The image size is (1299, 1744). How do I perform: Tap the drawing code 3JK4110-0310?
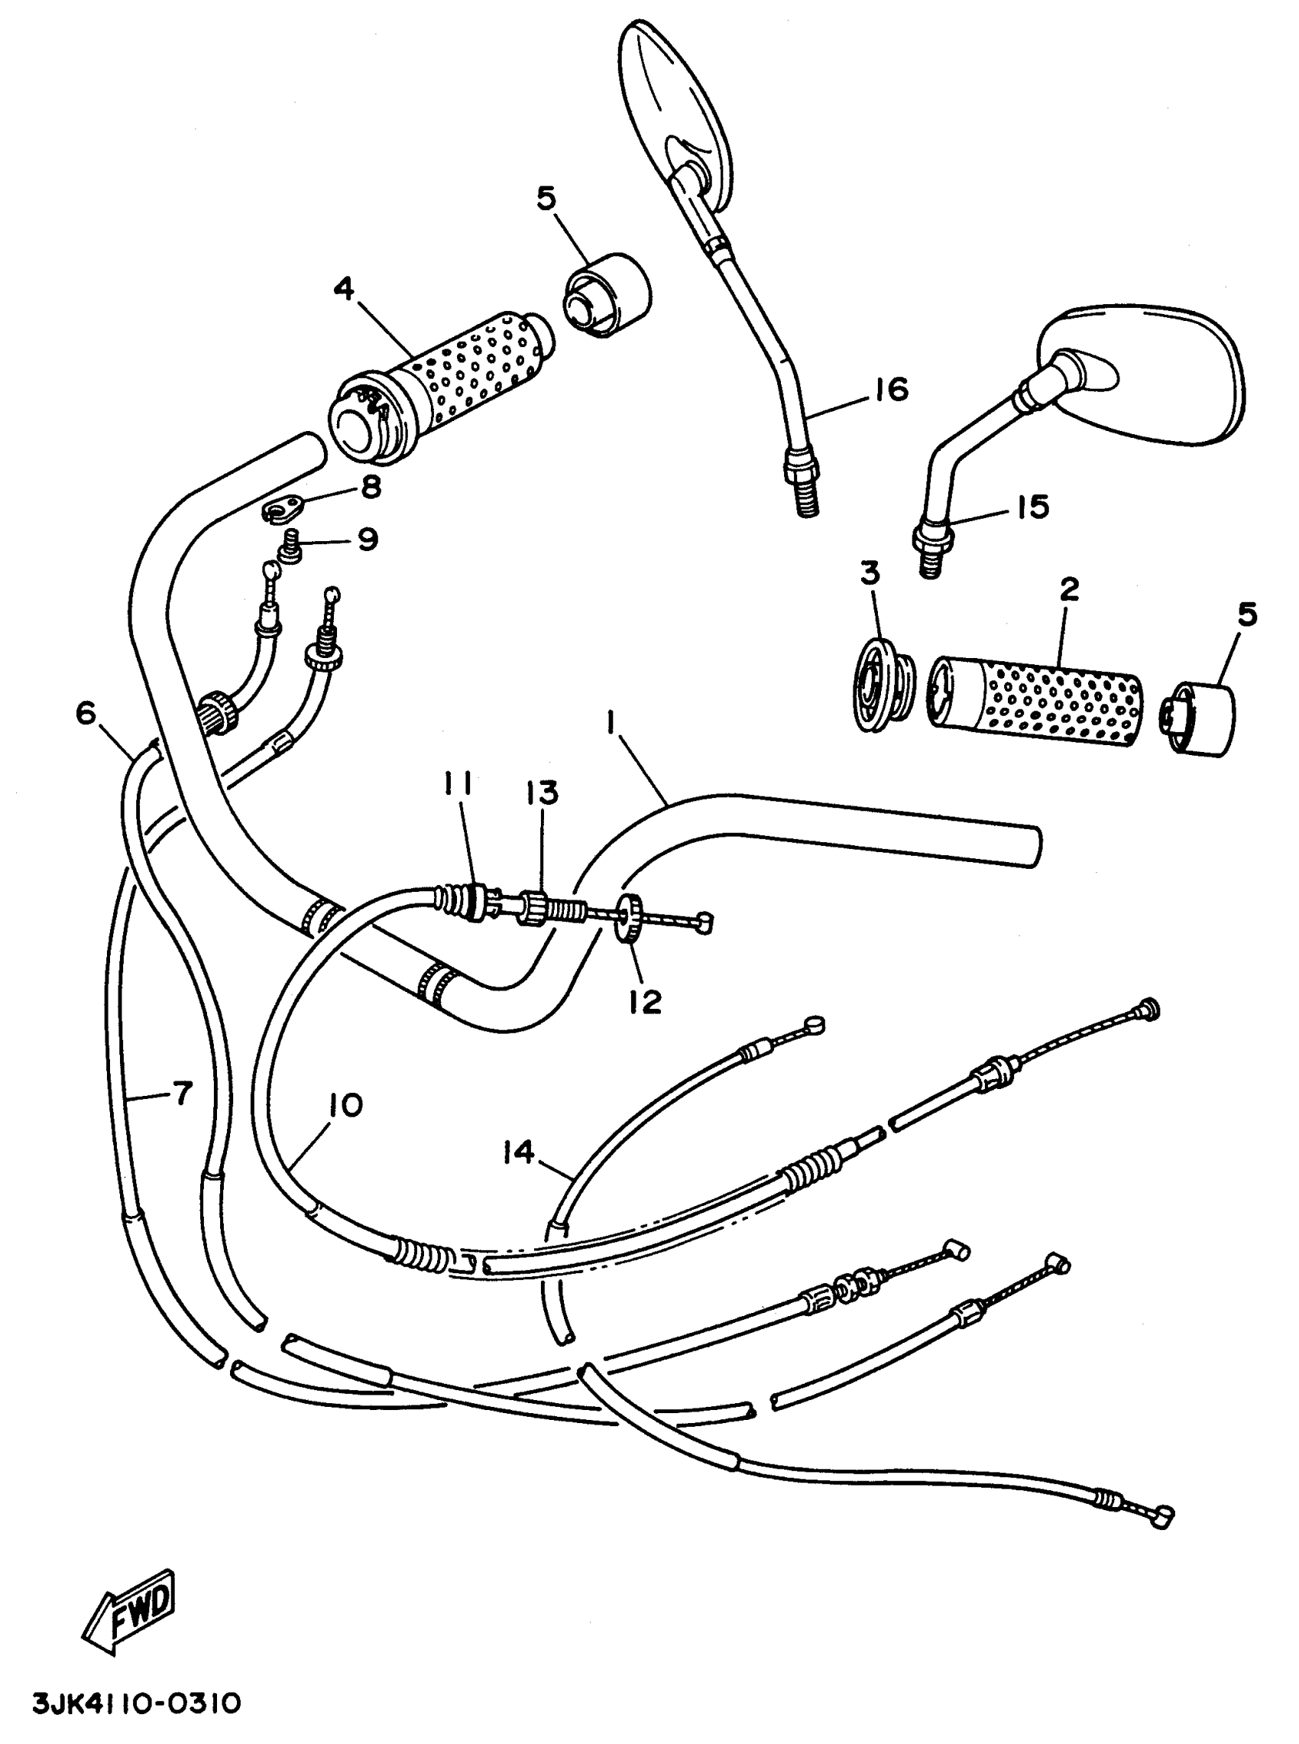click(136, 1705)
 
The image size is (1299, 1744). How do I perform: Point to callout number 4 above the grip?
click(344, 289)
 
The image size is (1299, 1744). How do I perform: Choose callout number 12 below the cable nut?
click(645, 1002)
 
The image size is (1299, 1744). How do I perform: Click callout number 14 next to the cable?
click(520, 1152)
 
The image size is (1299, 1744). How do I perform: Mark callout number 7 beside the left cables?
click(182, 1093)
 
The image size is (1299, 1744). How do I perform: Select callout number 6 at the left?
click(86, 713)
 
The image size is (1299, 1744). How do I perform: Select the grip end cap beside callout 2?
click(1199, 718)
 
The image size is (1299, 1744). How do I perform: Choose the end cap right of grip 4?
click(607, 295)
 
